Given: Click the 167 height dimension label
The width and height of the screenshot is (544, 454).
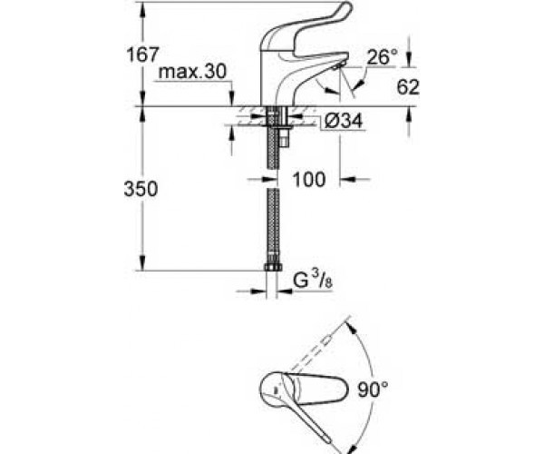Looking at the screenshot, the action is (142, 54).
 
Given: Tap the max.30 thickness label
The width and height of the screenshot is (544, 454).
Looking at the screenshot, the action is (192, 72).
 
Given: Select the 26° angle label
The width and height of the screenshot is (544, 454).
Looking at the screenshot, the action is (383, 57).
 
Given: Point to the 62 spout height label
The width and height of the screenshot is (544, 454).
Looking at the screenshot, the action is (408, 87).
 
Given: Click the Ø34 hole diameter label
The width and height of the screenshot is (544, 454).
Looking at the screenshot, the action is (344, 121).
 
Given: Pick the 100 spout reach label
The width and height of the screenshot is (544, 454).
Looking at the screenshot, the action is (309, 179).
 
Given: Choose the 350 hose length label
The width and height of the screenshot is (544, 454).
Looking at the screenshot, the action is (141, 189).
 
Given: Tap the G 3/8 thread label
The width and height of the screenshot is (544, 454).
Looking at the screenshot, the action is (313, 281).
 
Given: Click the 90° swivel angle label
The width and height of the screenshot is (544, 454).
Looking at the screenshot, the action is (374, 390).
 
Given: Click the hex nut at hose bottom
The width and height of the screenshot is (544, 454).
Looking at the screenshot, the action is (274, 267).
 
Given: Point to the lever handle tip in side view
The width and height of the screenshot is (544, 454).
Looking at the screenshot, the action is (346, 7).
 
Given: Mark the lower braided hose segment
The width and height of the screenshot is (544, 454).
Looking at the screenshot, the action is (274, 226).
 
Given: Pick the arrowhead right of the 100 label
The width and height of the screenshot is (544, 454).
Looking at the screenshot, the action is (347, 179).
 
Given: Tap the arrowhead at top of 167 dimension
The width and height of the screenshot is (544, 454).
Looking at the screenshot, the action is (143, 9).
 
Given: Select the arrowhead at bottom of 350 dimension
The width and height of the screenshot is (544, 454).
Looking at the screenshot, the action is (143, 263).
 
